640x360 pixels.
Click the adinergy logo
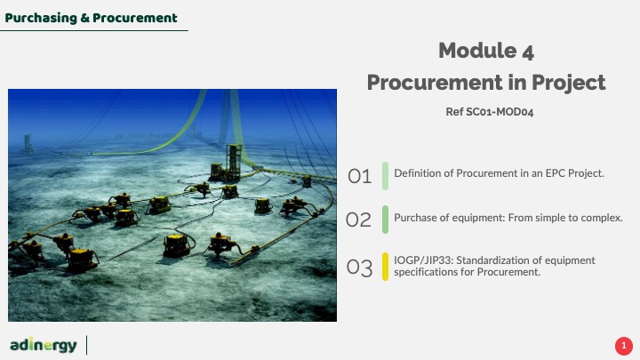[x=44, y=345]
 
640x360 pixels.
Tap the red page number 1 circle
[x=624, y=346]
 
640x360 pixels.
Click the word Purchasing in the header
[x=41, y=19]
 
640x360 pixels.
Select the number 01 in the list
[x=359, y=176]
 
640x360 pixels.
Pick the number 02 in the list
[x=358, y=220]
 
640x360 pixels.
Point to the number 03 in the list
[x=359, y=268]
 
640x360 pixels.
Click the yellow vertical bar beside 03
[x=385, y=267]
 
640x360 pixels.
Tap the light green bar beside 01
[x=385, y=176]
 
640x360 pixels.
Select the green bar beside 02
[x=385, y=220]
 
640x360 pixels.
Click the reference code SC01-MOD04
[x=500, y=112]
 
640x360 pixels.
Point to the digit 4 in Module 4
[x=528, y=52]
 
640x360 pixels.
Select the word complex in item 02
[x=602, y=218]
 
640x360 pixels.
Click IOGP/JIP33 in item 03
[x=423, y=260]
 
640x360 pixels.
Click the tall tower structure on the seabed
[x=234, y=162]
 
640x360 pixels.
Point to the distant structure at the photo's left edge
[x=27, y=144]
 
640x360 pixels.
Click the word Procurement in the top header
[x=135, y=19]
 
